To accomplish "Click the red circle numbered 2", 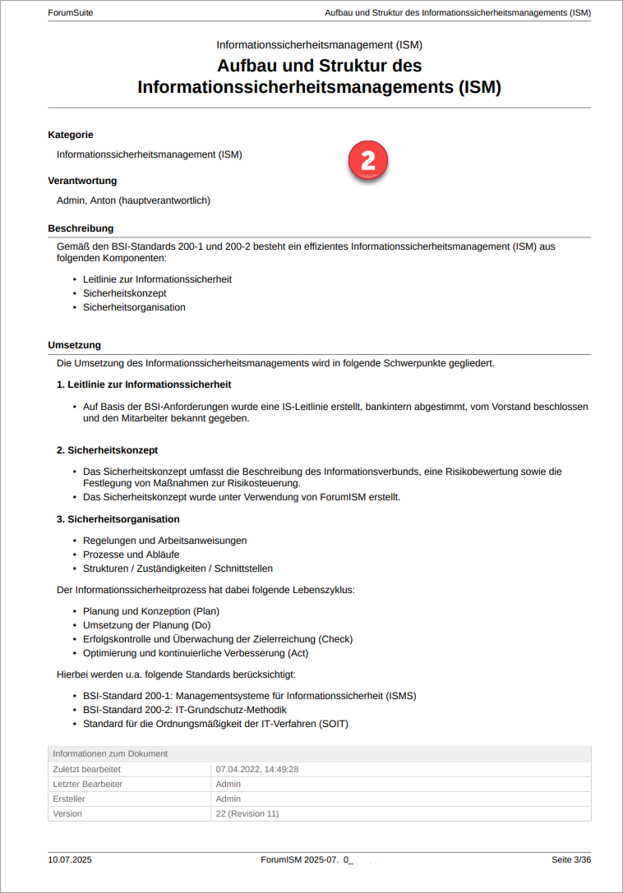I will click(367, 160).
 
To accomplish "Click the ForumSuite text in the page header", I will click(71, 13).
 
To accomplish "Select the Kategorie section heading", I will click(71, 135).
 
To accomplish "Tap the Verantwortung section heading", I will click(82, 181).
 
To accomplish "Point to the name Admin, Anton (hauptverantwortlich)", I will click(134, 200).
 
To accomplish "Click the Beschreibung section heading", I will click(81, 228).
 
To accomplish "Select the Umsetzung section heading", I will click(75, 345).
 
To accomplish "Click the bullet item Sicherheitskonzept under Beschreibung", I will click(124, 293).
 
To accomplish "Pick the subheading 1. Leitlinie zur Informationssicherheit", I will click(144, 384).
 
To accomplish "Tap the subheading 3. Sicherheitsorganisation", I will click(118, 519).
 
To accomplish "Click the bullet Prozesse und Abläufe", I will click(131, 555).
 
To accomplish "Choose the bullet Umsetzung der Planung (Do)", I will click(146, 625).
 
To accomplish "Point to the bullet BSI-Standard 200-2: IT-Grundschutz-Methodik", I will click(185, 710).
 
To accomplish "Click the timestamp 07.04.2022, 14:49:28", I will click(256, 769).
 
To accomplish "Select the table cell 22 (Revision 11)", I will click(247, 813).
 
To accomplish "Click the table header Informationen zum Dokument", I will click(110, 753).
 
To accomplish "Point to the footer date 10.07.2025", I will click(70, 860).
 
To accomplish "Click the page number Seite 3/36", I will click(571, 860).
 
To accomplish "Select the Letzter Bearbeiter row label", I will click(88, 784).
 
